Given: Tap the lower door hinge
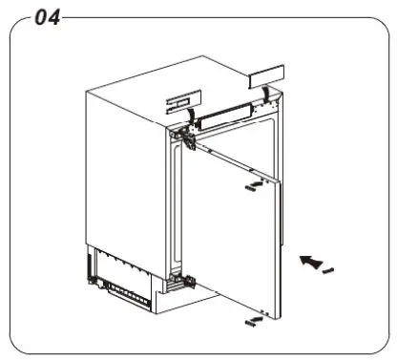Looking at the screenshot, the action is (x=180, y=280).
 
